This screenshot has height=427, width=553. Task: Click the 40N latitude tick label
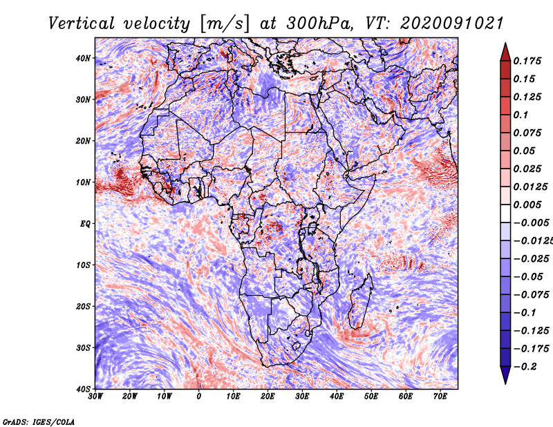(x=83, y=58)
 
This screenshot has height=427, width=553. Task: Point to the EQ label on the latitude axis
(x=85, y=224)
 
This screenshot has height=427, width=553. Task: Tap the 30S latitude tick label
(x=83, y=348)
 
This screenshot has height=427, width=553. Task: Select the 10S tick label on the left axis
(x=83, y=265)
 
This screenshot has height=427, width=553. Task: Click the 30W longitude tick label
(x=95, y=397)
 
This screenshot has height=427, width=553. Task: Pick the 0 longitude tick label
(x=199, y=397)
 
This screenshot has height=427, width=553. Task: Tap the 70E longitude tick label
(x=440, y=397)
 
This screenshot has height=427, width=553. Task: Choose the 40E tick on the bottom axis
(x=337, y=397)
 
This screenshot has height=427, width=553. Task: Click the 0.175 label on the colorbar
(x=527, y=61)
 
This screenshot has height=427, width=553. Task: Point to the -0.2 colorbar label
(x=525, y=367)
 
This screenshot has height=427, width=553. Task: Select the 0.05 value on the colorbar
(x=525, y=151)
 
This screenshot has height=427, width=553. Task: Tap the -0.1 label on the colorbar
(x=525, y=313)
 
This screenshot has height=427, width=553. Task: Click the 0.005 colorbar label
(x=527, y=205)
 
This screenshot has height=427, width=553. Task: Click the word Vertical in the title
(x=82, y=23)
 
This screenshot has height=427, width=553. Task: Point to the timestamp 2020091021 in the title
(x=452, y=23)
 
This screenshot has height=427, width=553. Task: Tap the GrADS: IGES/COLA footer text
(x=39, y=421)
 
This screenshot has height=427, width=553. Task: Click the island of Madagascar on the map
(x=360, y=302)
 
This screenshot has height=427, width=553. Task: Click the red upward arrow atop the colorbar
(x=505, y=52)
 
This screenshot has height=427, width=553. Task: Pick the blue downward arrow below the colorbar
(x=505, y=375)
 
